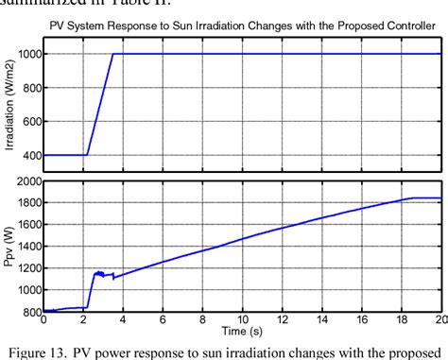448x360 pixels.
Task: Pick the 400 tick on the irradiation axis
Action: pyautogui.click(x=30, y=155)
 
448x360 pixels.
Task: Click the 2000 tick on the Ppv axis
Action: pyautogui.click(x=26, y=180)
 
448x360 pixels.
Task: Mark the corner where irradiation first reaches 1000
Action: pyautogui.click(x=113, y=54)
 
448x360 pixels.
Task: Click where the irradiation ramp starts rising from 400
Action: pyautogui.click(x=87, y=154)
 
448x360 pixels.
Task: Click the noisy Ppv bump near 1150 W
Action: pyautogui.click(x=98, y=274)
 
